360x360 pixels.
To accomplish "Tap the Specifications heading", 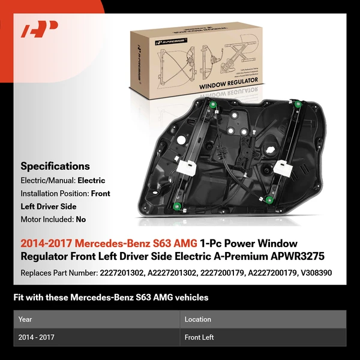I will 55,166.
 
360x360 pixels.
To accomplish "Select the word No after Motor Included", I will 80,220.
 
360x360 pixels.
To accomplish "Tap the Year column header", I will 25,319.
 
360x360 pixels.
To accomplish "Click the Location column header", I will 197,319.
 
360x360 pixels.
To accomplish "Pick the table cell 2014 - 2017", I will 37,337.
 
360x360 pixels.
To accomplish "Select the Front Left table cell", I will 199,337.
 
